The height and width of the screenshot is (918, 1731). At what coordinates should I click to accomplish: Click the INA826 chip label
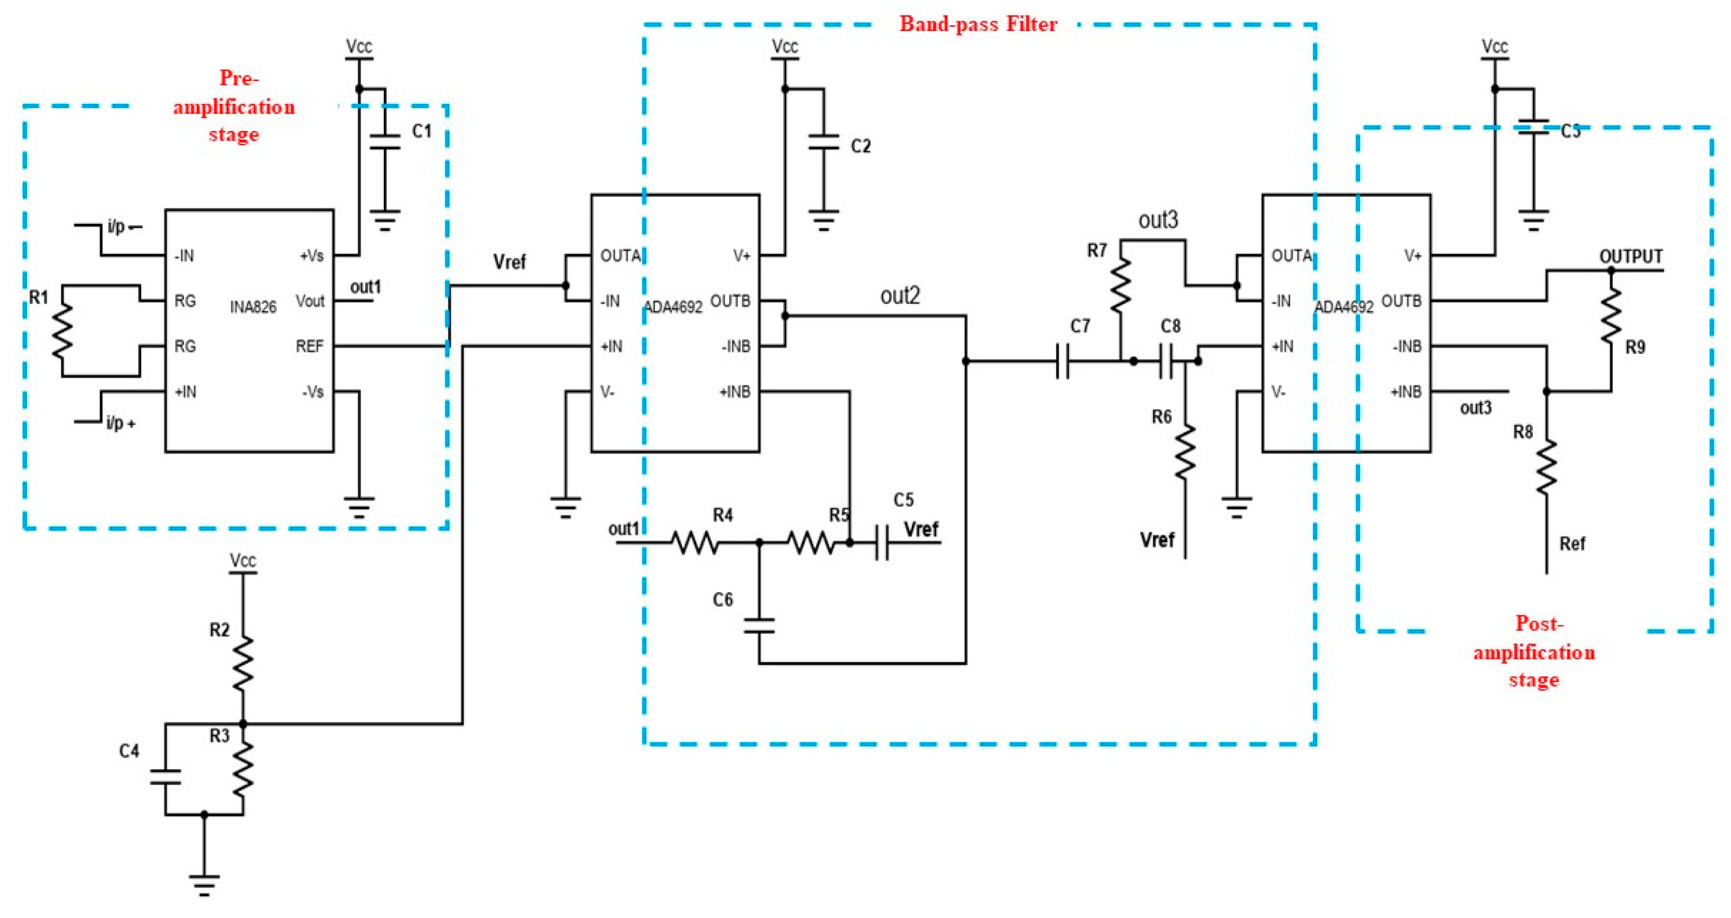[253, 307]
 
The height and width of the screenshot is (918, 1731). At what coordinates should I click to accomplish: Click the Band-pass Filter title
[978, 24]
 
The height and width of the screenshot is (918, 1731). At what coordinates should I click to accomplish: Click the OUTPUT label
[1630, 257]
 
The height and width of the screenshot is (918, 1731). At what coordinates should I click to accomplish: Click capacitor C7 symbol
[1062, 361]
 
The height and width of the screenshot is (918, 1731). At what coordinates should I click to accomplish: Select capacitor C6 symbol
[759, 625]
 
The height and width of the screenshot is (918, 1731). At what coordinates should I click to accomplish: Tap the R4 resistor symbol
[695, 542]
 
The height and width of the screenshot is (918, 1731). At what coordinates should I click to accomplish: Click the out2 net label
[900, 296]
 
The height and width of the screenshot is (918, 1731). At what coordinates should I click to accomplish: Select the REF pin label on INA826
[310, 346]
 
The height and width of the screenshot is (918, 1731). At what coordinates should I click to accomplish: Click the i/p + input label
[121, 424]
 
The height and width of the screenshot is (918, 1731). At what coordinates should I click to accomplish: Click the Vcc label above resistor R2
[243, 560]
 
